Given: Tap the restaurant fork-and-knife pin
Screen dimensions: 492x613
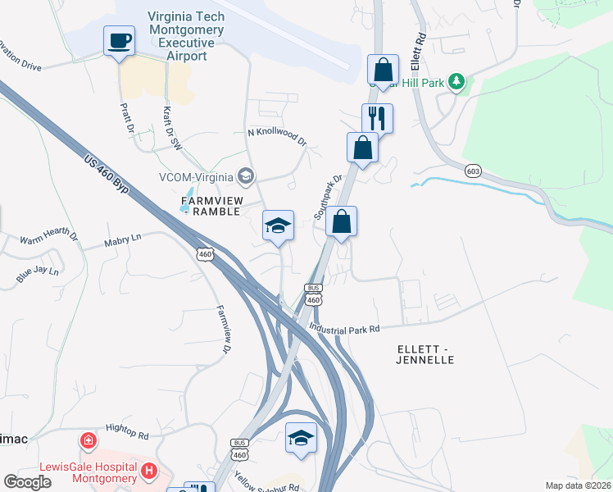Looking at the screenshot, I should [x=377, y=118].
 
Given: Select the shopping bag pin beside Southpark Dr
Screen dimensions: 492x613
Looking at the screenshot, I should [x=341, y=221].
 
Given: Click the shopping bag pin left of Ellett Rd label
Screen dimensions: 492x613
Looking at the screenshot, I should [x=383, y=70].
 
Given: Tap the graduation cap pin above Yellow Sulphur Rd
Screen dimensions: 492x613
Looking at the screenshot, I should [x=302, y=439].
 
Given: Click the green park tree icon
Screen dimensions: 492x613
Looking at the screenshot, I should [x=456, y=81].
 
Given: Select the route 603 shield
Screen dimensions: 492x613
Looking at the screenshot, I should [x=471, y=170].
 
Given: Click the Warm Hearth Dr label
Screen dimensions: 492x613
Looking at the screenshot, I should [x=49, y=239].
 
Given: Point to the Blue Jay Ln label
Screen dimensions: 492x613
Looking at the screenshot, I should [x=38, y=274].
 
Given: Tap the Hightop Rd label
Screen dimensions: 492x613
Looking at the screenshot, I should [x=127, y=430].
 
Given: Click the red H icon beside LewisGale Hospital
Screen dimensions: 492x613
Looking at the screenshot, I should [x=148, y=471].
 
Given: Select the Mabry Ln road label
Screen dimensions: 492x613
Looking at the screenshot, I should [x=123, y=239].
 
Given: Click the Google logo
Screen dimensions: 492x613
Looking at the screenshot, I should [x=27, y=482].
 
